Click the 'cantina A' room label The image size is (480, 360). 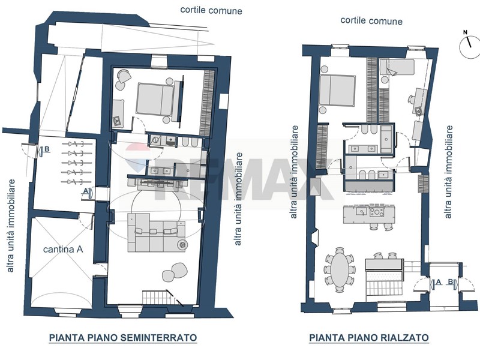coord(63,250)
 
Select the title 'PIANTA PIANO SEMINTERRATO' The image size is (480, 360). coord(123,337)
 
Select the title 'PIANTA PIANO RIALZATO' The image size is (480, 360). coord(369,338)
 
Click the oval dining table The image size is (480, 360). coord(340,269)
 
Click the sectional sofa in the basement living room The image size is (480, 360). coord(157,233)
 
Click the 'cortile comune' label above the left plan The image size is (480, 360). coord(211,10)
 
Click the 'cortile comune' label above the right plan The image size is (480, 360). coord(371,21)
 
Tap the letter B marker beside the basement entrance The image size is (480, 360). coord(47,149)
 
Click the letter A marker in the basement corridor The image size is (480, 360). coord(86,191)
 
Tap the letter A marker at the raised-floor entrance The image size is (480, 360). coord(438,282)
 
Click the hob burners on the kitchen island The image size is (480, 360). coord(377,212)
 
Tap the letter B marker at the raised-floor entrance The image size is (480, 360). coord(451,281)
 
